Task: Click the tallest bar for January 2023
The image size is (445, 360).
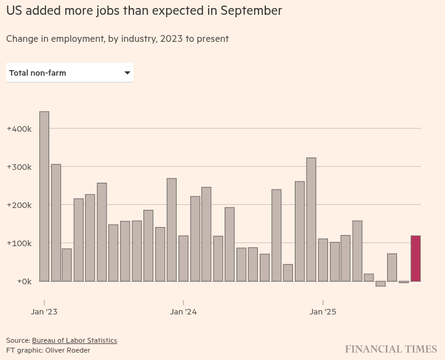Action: [x=44, y=196]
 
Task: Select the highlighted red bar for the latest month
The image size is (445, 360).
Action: [x=415, y=258]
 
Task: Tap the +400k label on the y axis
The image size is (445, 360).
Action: [x=18, y=129]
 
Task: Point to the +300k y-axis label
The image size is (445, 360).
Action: [x=18, y=167]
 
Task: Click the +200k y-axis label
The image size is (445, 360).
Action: [x=18, y=206]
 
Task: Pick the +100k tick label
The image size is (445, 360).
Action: [x=18, y=244]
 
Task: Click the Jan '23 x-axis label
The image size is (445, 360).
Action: [x=44, y=312]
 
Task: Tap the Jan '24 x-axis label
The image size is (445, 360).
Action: [x=183, y=312]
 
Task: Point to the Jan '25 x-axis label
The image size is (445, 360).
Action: [x=323, y=312]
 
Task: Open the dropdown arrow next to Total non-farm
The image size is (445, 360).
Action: [x=127, y=73]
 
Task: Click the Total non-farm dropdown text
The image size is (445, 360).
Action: [x=38, y=73]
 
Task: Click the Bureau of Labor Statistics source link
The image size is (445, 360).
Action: [x=74, y=340]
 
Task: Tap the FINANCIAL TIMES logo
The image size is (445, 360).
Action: [x=391, y=350]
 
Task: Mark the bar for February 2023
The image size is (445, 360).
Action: [x=56, y=223]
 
